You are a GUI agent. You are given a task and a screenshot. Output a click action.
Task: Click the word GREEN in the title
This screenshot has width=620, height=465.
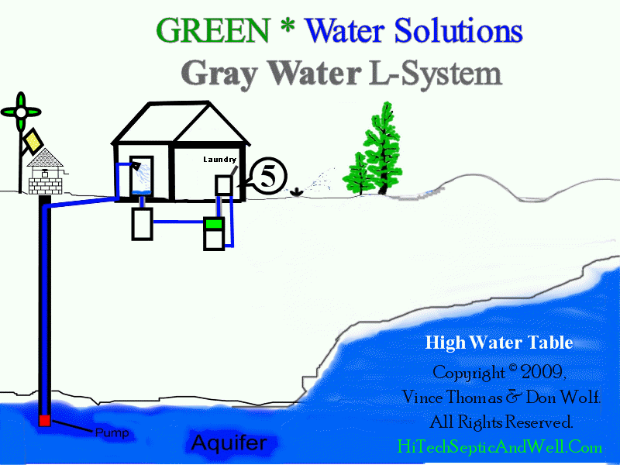pos(213,30)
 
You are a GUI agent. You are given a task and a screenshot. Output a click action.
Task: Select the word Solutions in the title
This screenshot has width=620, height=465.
pos(459,30)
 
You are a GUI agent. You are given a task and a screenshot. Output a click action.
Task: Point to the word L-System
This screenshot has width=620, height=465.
pos(436,74)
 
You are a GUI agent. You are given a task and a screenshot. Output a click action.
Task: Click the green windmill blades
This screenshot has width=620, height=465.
pos(21,112)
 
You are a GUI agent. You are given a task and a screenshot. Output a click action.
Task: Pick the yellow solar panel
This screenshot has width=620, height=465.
pos(33,140)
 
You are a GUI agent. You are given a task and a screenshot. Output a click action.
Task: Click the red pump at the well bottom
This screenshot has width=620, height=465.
pos(44,420)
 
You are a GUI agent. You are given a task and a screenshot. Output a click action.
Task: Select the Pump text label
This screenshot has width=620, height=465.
pos(112,432)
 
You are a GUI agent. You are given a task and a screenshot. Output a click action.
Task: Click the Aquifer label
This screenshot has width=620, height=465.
pos(229,443)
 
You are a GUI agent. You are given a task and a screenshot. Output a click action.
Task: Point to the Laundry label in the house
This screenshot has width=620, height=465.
pos(220,160)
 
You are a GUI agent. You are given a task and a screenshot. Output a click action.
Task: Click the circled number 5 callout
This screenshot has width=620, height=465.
pos(268,176)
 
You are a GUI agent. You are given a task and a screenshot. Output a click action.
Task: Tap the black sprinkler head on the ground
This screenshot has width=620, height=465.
pos(296,192)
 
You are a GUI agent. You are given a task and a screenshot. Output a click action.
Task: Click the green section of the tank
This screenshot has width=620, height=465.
pos(214,224)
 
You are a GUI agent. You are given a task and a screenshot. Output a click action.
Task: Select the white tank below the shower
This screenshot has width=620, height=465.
pos(143,224)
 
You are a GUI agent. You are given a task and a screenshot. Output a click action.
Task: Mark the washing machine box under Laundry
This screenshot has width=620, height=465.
pos(224,185)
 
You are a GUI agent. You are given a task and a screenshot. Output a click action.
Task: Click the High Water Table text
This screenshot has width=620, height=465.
pos(499,343)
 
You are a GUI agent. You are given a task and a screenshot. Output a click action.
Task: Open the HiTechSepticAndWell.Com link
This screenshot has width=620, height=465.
pos(499,447)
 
